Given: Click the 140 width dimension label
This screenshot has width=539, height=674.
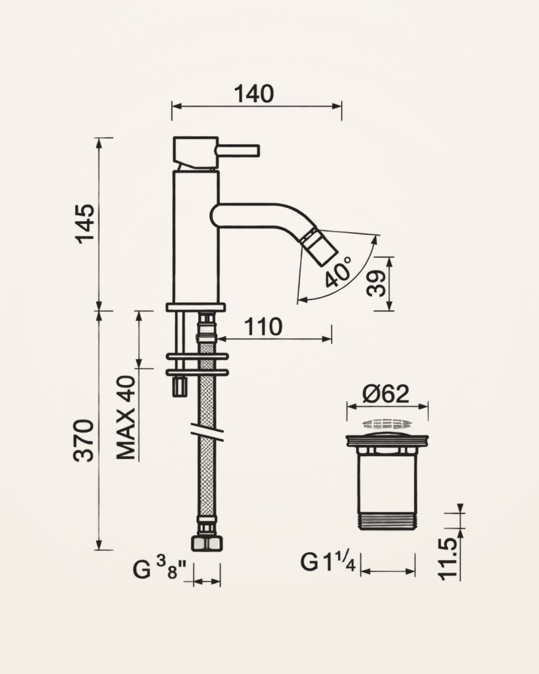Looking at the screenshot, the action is click(253, 93).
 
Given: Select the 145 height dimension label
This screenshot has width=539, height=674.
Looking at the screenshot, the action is click(85, 224).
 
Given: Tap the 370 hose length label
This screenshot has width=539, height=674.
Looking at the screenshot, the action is click(84, 440).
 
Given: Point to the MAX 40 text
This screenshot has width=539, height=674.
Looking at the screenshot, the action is click(127, 418).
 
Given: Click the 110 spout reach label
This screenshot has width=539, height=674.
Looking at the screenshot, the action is click(263, 326).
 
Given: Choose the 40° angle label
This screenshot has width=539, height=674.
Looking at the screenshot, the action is click(339, 272).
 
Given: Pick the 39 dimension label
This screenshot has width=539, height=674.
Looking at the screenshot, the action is click(377, 283).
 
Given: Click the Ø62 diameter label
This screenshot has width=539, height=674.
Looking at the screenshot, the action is click(385, 394).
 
